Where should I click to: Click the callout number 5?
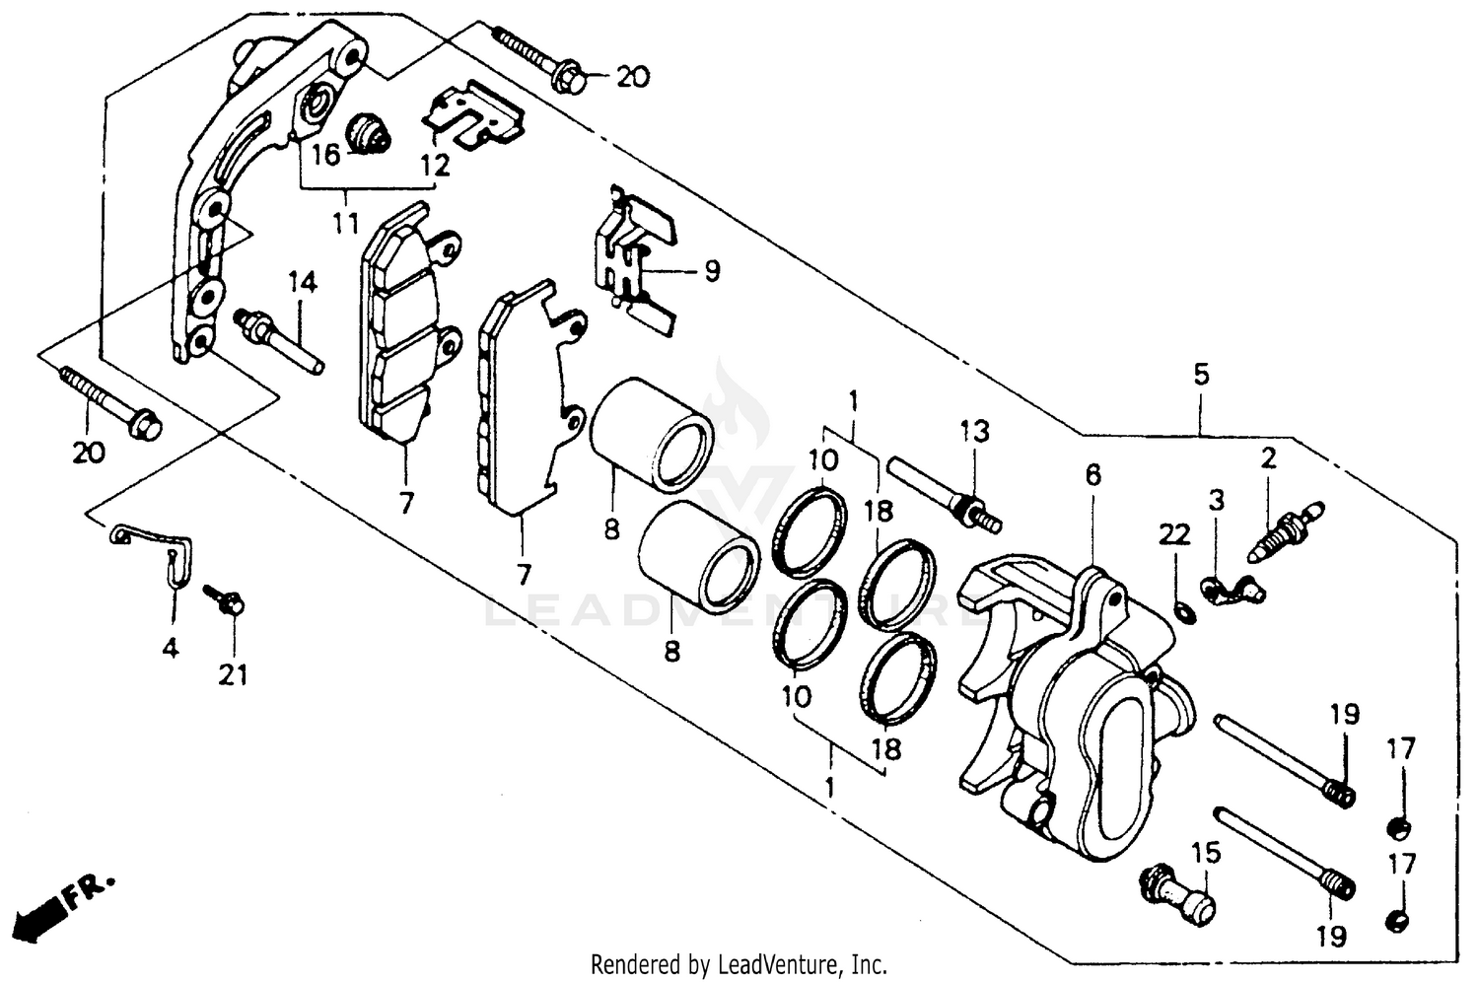1200,375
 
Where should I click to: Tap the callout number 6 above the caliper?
1092,475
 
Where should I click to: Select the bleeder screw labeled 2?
1286,530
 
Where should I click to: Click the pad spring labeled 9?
635,254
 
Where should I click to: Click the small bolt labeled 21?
224,599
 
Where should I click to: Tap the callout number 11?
344,224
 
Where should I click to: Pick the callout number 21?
233,674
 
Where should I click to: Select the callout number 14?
303,284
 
